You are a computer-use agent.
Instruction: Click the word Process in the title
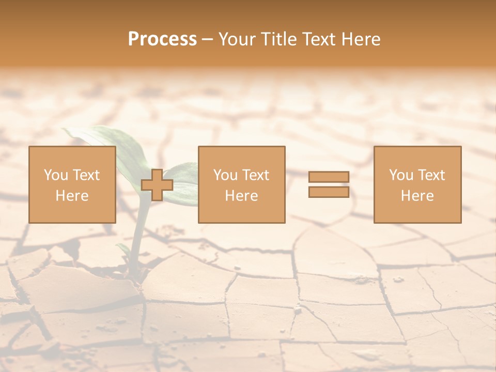click(x=162, y=39)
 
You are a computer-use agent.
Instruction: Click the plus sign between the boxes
click(x=157, y=185)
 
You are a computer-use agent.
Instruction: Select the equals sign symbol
click(x=329, y=184)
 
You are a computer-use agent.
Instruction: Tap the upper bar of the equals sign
click(x=329, y=177)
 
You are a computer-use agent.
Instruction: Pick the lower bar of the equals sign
click(x=329, y=192)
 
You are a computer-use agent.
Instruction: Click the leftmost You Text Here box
click(x=72, y=184)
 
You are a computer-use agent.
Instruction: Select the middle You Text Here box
click(x=241, y=184)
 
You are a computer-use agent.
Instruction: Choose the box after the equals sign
click(x=417, y=184)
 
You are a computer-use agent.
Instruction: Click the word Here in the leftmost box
click(x=72, y=196)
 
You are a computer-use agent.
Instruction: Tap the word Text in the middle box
click(x=255, y=175)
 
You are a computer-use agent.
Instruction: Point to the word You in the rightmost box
click(x=401, y=175)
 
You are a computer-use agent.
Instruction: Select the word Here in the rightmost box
click(x=417, y=196)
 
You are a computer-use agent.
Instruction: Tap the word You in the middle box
click(x=225, y=175)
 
